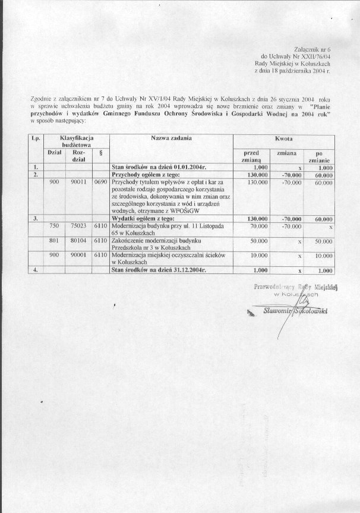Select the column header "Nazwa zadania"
(x=171, y=138)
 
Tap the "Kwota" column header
(x=283, y=138)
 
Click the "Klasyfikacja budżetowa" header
(x=75, y=141)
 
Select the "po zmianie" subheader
(x=318, y=156)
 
